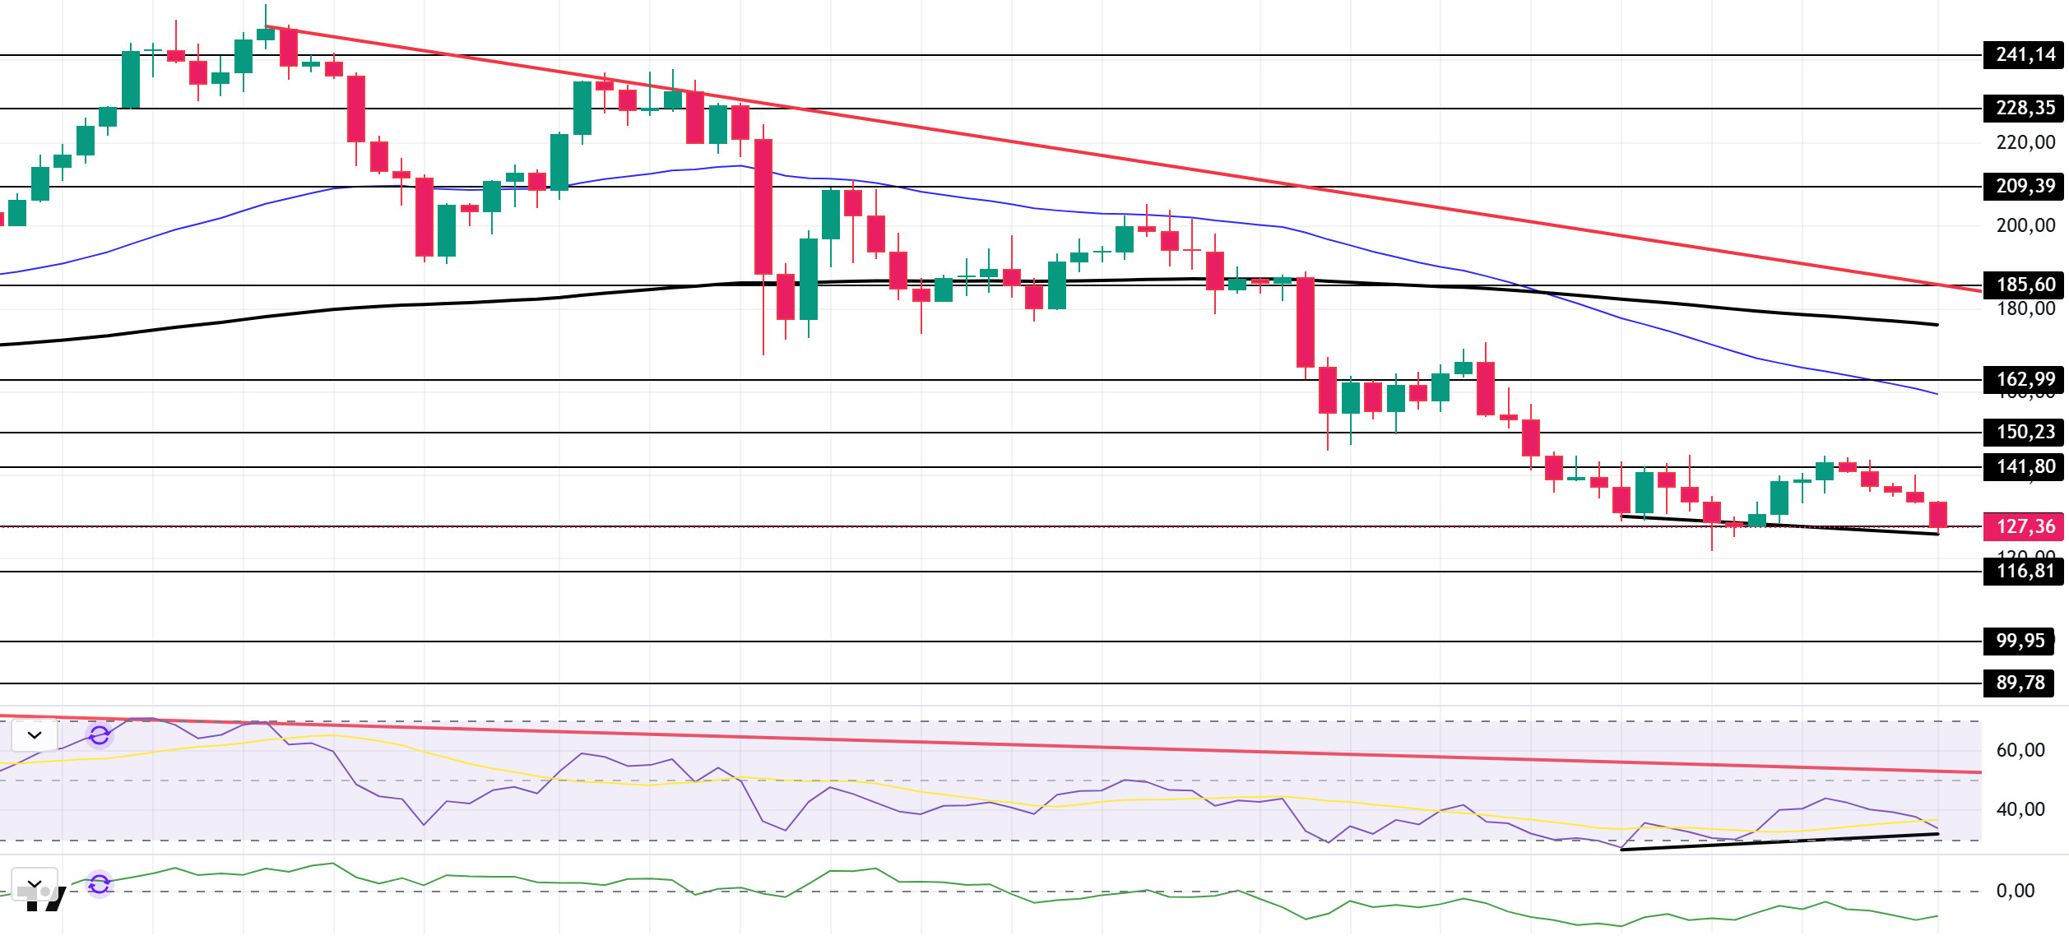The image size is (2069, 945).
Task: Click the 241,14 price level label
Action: tap(2024, 55)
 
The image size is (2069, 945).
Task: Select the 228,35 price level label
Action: tap(2024, 108)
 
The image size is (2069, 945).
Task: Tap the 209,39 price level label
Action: tap(2024, 186)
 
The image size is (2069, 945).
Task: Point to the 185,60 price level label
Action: tap(2024, 285)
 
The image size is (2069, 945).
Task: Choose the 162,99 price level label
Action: tap(2024, 379)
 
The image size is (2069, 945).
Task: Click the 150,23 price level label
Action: tap(2024, 432)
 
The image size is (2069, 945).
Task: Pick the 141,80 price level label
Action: tap(2024, 466)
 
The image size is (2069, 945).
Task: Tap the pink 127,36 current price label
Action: tap(2024, 526)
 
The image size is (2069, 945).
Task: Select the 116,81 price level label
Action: tap(2024, 571)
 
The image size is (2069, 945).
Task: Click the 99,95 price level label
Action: tap(2020, 641)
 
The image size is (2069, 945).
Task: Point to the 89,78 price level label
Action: tap(2020, 683)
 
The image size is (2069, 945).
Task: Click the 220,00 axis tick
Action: tap(2025, 142)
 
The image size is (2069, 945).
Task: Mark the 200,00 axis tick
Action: tap(2025, 225)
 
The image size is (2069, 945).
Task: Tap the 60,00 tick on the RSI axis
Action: tap(2020, 750)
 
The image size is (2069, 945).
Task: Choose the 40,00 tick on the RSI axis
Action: tap(2020, 809)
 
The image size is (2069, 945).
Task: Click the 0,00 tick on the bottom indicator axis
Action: tap(2015, 891)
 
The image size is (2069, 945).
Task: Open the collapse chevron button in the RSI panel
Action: tap(35, 735)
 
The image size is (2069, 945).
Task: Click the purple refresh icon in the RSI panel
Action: tap(100, 735)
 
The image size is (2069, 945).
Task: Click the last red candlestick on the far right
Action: tap(1937, 515)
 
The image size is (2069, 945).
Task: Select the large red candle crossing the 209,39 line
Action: tap(763, 206)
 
